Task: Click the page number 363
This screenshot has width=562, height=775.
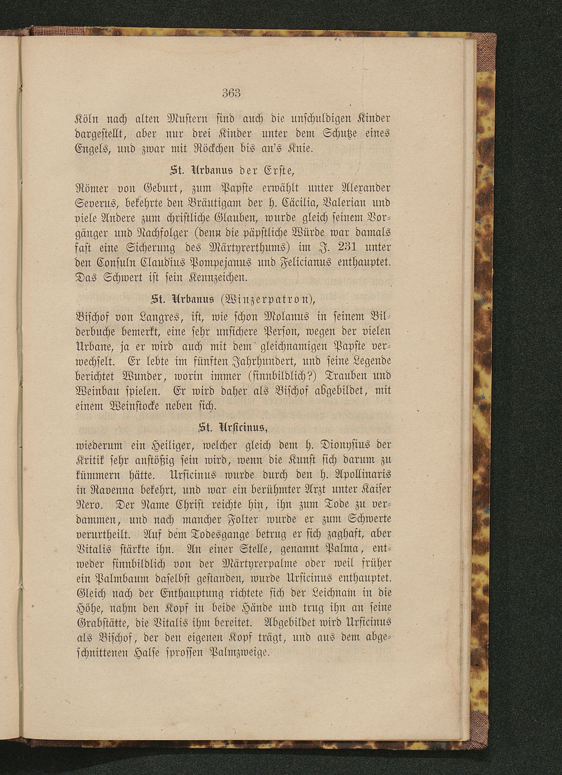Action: [x=231, y=93]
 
